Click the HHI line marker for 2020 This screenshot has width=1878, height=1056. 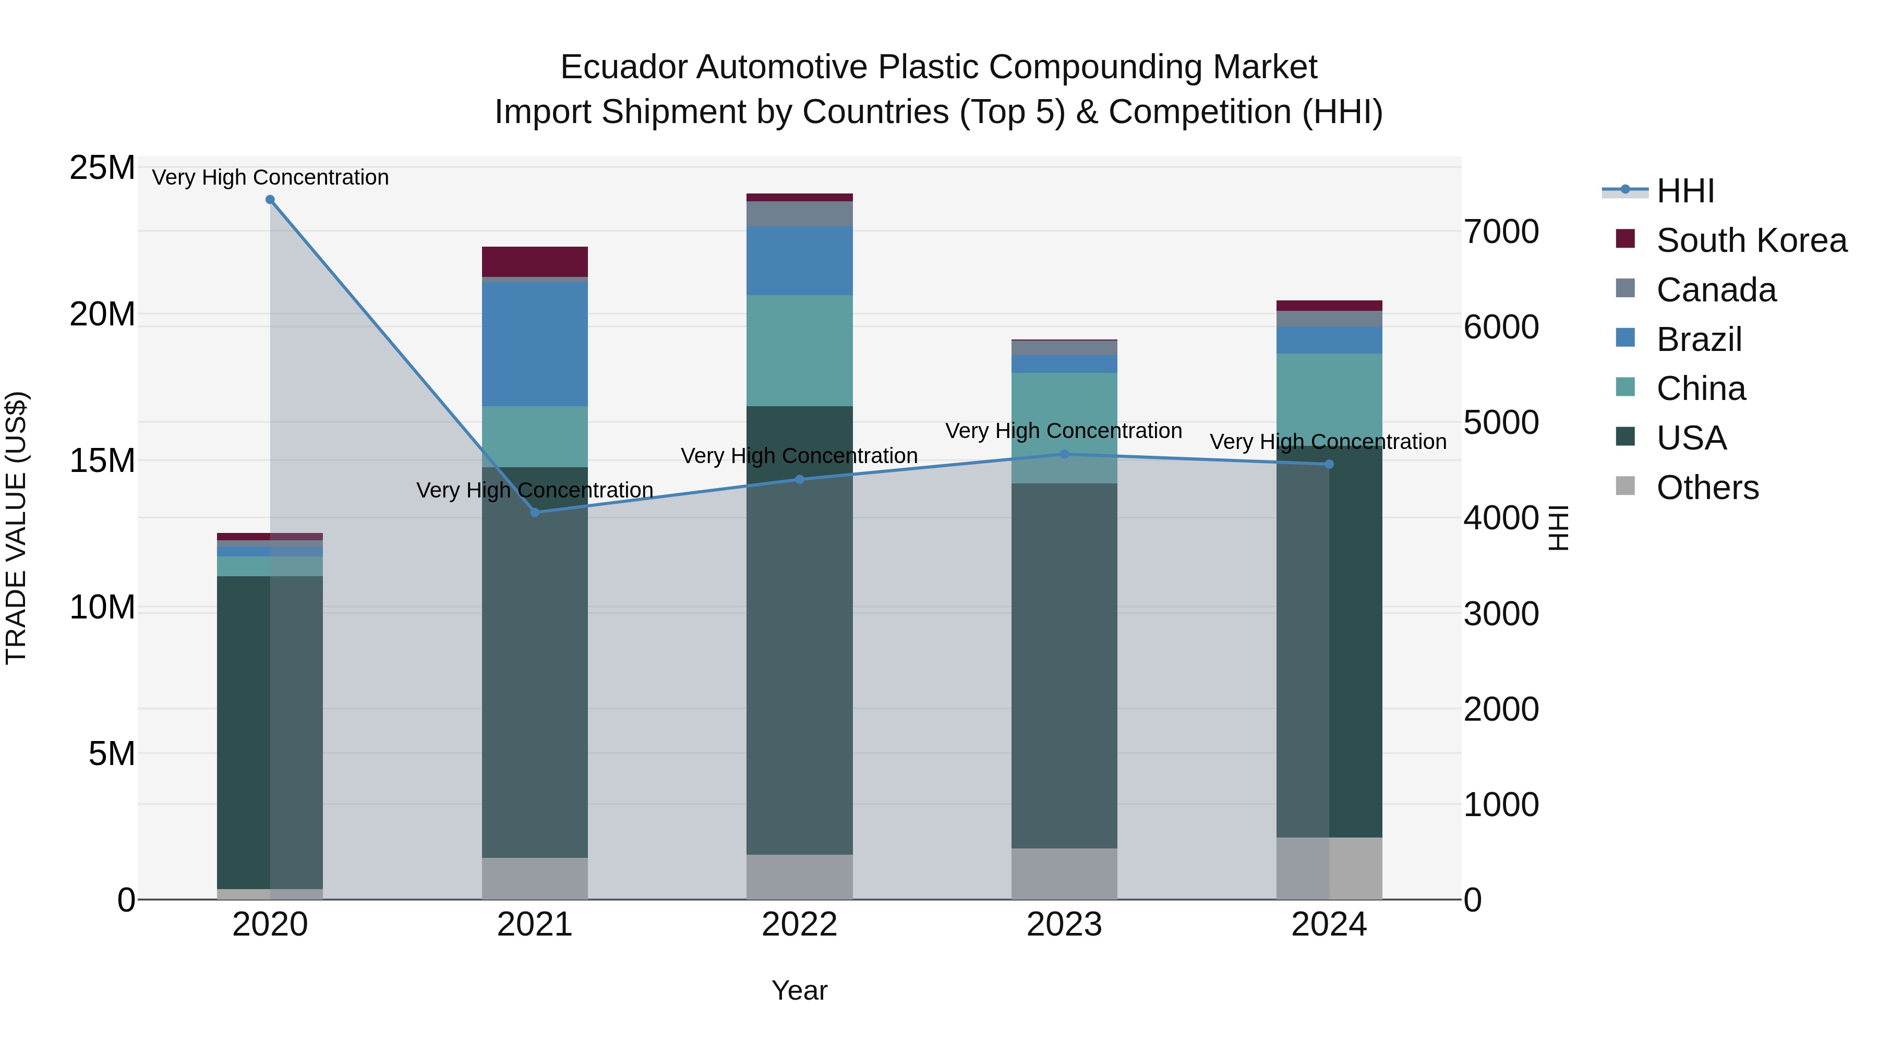coord(270,200)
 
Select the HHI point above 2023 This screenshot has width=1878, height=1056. coord(1064,454)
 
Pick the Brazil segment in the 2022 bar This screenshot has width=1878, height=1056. coord(799,260)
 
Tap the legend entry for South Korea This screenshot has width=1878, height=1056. coord(1751,240)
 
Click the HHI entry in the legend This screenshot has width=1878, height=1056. coord(1685,191)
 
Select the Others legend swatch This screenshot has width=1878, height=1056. coord(1625,486)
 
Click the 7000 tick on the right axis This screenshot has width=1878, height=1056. coord(1501,232)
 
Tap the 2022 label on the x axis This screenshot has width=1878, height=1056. coord(799,925)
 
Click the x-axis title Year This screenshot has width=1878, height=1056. coord(799,990)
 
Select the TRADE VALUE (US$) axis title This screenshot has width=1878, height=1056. coord(16,528)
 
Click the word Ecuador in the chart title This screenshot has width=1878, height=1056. coord(623,67)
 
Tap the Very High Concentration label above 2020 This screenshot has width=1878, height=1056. coord(270,177)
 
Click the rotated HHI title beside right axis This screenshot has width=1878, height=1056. coord(1557,528)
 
